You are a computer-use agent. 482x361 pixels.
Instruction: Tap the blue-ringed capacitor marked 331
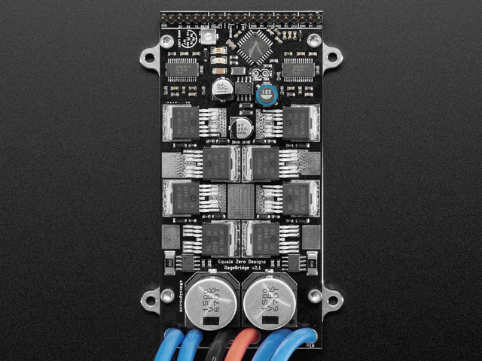264,93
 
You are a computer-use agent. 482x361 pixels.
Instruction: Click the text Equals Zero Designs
241,262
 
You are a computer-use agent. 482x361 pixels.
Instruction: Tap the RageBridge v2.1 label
241,269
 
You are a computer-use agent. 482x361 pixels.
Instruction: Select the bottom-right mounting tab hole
331,300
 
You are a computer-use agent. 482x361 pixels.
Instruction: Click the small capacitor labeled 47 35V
241,126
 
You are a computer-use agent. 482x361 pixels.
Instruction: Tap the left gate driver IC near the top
182,68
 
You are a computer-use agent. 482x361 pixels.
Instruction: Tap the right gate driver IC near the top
299,68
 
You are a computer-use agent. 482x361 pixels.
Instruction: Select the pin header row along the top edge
241,17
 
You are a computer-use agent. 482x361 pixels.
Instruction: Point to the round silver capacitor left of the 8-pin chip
222,88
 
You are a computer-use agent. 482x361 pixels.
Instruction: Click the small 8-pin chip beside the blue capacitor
243,88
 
